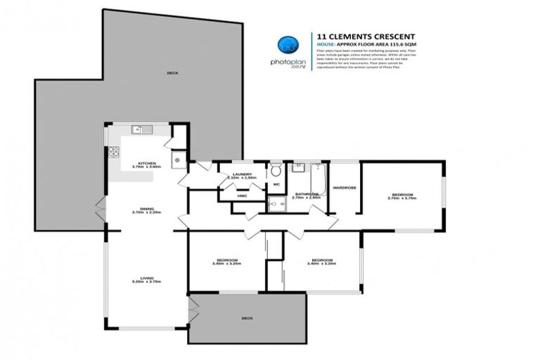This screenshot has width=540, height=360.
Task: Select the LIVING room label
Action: click(x=146, y=278)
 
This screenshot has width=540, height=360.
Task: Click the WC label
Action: click(x=276, y=185)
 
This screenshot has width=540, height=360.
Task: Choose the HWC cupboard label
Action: click(x=241, y=195)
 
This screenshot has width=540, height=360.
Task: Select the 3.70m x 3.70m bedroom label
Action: click(x=401, y=195)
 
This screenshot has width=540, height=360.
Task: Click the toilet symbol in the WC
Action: click(x=276, y=169)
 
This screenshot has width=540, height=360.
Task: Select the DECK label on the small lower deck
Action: click(x=247, y=318)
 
